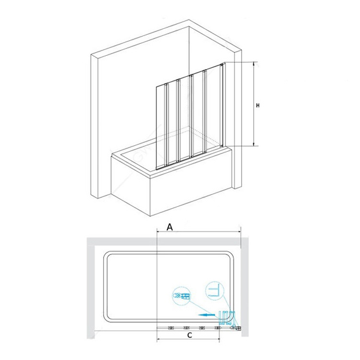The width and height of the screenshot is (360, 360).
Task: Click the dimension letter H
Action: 258,106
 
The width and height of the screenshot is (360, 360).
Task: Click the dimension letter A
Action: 169,227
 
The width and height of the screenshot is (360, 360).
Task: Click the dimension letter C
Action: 190,335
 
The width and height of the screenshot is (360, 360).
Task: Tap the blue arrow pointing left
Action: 207,315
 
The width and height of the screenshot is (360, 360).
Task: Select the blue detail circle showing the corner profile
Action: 214,291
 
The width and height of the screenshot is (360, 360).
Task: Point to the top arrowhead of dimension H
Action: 254,64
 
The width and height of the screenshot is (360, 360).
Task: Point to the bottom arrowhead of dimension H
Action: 254,144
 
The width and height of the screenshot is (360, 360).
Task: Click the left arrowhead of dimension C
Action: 158,339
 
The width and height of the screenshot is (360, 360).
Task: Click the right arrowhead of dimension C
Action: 218,339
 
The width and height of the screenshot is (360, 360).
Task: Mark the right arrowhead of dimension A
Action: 239,232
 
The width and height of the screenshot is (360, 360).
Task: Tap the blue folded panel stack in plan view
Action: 227,317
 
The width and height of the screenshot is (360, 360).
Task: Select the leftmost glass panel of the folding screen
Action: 161,127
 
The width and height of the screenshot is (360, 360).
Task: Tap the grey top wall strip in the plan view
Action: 167,241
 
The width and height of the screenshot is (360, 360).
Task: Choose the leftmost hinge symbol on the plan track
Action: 171,328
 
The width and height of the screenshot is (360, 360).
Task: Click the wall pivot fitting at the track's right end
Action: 238,328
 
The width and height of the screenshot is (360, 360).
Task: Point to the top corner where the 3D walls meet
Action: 189,20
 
